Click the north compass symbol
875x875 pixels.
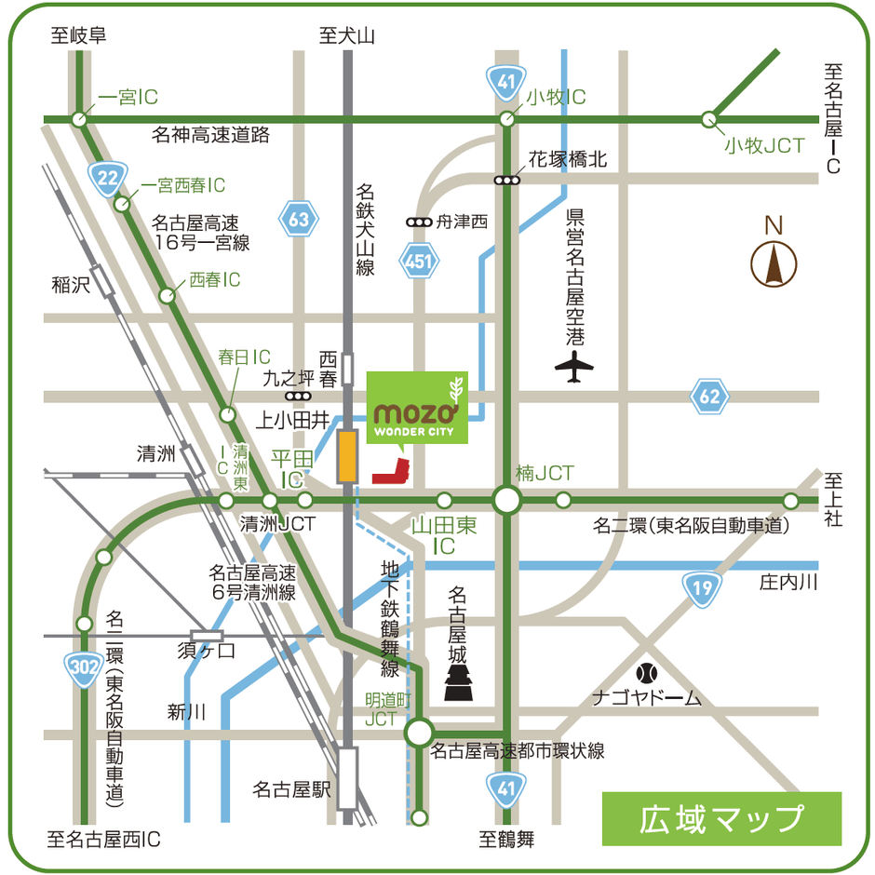[x=774, y=262]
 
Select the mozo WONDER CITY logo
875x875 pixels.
[x=417, y=408]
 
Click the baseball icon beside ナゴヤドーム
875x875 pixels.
[x=645, y=671]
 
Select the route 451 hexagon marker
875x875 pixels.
[x=419, y=262]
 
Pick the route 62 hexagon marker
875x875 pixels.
[x=709, y=397]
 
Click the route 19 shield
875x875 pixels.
[x=701, y=586]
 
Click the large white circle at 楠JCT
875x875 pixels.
[x=507, y=501]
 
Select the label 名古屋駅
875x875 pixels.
[x=292, y=789]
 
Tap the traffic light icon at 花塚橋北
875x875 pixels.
[x=507, y=180]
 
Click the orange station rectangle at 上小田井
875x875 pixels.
[x=347, y=456]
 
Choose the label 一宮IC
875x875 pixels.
[x=128, y=97]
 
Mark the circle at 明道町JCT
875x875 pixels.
[x=420, y=733]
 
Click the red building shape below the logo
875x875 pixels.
[x=392, y=472]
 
